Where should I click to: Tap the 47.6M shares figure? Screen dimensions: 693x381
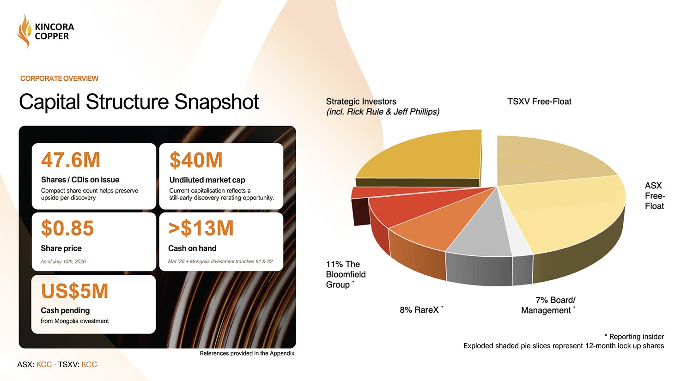point(71,160)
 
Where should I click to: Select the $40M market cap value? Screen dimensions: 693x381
point(196,160)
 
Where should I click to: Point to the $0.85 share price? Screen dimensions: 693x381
point(67,228)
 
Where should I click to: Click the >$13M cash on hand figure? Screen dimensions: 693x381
point(201,228)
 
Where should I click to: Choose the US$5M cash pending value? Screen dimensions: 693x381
point(74,291)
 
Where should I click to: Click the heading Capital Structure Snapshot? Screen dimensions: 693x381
point(139,102)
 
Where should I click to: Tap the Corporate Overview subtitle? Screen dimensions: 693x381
point(59,79)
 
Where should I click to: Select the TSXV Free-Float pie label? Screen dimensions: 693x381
point(539,102)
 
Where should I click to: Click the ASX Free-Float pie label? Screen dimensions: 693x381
point(655,196)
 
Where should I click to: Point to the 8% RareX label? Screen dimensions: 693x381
point(421,309)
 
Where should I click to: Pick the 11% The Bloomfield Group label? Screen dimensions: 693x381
point(346,274)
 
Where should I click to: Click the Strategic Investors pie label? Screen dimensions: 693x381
point(383,106)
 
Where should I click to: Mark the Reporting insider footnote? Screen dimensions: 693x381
point(634,337)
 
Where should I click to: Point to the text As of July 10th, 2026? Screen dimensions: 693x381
point(63,262)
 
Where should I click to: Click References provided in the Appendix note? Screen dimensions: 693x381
point(247,353)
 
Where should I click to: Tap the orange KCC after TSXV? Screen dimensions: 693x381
point(89,365)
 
